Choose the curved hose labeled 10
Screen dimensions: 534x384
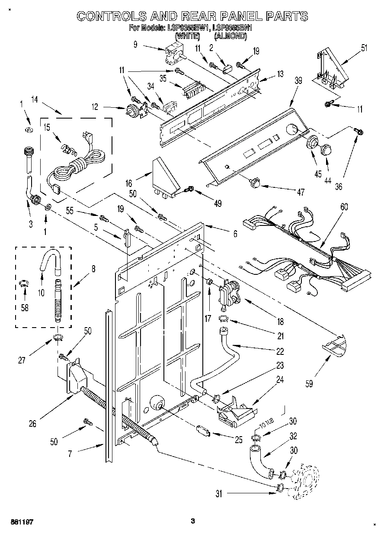(x=49, y=261)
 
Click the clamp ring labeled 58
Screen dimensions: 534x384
(x=25, y=283)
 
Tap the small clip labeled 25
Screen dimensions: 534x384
(x=203, y=431)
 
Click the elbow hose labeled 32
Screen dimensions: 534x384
(x=259, y=461)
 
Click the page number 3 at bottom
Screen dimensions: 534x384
(x=194, y=521)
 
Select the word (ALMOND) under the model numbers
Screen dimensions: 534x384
(x=230, y=37)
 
